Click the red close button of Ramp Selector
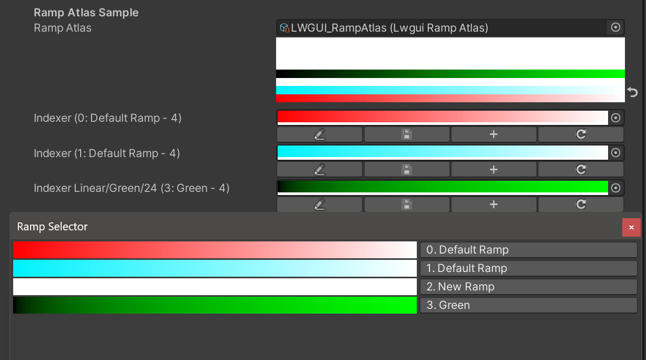[x=631, y=227]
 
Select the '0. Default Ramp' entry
[x=528, y=250]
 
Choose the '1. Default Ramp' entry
[x=528, y=268]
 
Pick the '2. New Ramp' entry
[x=528, y=287]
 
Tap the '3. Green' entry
[x=528, y=305]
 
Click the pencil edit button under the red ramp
[x=319, y=134]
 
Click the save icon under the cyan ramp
[x=407, y=169]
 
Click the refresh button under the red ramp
[x=581, y=134]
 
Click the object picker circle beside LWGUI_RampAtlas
[x=615, y=27]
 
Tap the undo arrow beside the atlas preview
[x=633, y=93]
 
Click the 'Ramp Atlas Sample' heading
[x=86, y=13]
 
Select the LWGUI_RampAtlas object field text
[x=390, y=28]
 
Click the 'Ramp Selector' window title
[x=52, y=227]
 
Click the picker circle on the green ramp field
[x=615, y=188]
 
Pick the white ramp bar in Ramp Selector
[x=214, y=287]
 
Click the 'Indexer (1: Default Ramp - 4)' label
[x=107, y=153]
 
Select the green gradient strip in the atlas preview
[x=450, y=74]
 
